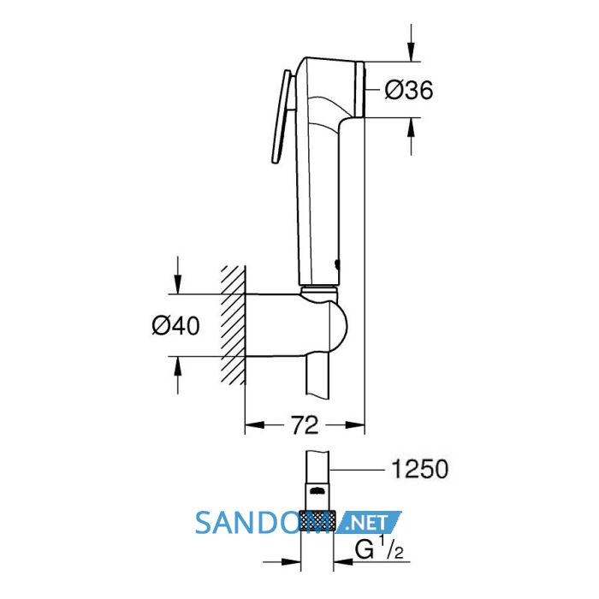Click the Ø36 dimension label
click(409, 91)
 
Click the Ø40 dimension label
click(175, 326)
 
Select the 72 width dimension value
click(305, 425)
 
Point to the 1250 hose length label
click(420, 469)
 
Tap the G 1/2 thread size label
click(379, 550)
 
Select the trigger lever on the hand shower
click(282, 117)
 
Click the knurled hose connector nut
click(317, 520)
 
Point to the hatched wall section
click(233, 324)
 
